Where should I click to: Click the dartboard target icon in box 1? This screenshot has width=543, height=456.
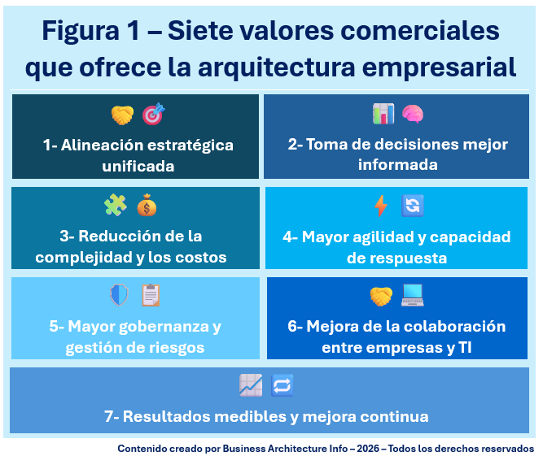click(153, 115)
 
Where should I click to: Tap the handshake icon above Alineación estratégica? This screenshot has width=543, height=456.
click(122, 115)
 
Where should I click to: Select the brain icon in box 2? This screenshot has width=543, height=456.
click(413, 114)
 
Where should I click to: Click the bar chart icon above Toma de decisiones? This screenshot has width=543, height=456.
click(383, 114)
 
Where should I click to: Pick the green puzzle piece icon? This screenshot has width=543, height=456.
click(116, 205)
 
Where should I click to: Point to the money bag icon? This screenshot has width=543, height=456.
click(147, 205)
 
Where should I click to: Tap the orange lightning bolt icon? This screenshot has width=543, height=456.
click(381, 206)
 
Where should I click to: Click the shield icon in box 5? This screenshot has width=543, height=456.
click(119, 294)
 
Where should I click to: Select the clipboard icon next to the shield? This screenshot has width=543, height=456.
click(150, 294)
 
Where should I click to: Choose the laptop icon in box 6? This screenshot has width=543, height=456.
click(412, 296)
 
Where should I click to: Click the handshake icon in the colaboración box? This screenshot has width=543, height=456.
click(381, 297)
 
